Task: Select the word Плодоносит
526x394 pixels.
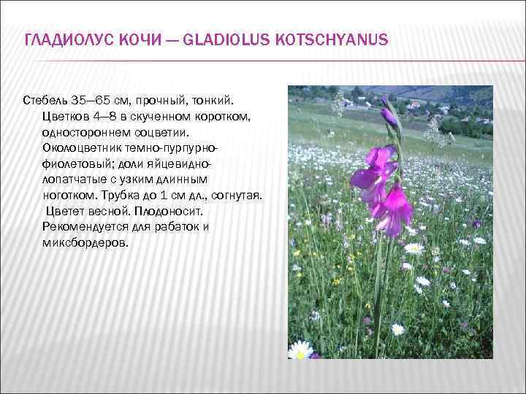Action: point(169,211)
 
